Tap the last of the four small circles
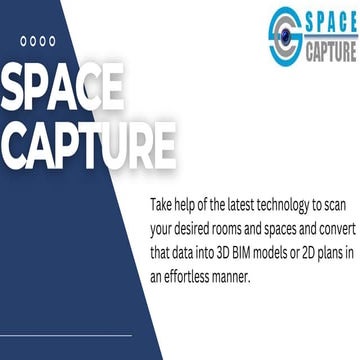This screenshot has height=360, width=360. (51, 42)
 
